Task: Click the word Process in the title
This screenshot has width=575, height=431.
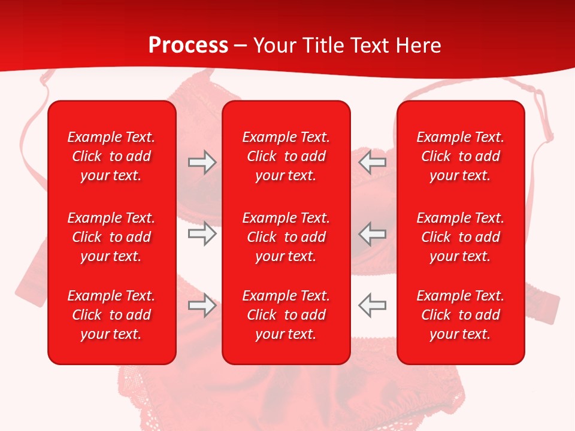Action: click(x=188, y=45)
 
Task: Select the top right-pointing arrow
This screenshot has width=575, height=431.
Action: click(x=202, y=162)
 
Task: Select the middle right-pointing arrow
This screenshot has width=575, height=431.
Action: click(x=202, y=233)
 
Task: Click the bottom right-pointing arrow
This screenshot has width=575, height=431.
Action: click(x=202, y=305)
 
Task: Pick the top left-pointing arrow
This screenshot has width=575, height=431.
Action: click(x=373, y=162)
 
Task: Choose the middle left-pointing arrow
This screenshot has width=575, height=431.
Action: click(x=373, y=233)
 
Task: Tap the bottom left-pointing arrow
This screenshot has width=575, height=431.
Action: click(x=373, y=305)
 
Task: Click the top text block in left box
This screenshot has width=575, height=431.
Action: click(x=111, y=156)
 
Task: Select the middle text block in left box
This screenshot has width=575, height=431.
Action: click(x=111, y=237)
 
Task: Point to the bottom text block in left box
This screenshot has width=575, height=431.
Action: click(x=111, y=315)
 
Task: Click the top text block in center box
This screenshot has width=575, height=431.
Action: click(x=286, y=156)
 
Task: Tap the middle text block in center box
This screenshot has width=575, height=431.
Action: click(x=286, y=237)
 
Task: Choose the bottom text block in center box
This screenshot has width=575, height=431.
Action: click(x=286, y=315)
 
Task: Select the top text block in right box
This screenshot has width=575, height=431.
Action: click(x=460, y=156)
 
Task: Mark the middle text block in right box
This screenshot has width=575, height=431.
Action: click(x=460, y=237)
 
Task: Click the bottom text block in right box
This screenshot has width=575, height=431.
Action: click(x=460, y=315)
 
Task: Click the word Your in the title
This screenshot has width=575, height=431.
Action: click(x=276, y=45)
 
